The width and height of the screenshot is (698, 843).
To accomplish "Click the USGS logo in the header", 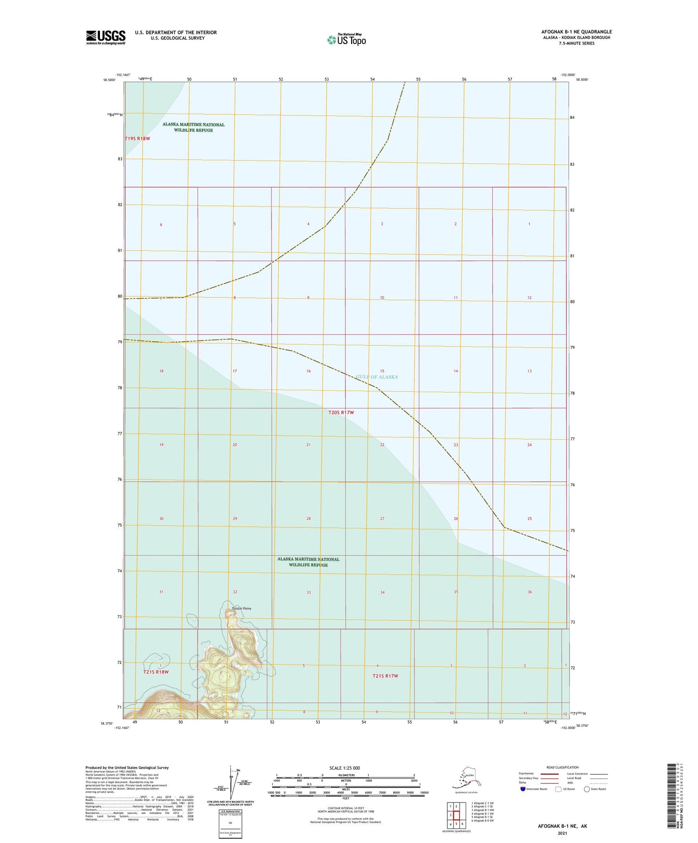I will click(x=105, y=37).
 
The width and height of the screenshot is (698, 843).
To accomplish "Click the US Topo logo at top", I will click(x=346, y=39).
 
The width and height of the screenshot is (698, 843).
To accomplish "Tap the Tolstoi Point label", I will click(x=241, y=608).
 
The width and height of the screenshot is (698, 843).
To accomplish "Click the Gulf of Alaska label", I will click(x=377, y=377).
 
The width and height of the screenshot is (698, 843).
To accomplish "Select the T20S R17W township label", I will click(x=341, y=413).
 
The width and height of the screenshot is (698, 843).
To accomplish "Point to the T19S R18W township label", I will click(x=138, y=139).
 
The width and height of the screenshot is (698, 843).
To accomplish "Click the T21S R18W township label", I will click(x=156, y=672).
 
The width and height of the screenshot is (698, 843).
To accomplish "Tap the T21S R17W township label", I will click(x=385, y=676).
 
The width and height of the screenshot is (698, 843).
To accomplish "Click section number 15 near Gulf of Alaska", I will click(x=382, y=371).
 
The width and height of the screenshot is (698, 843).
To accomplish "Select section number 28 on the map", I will click(x=308, y=519).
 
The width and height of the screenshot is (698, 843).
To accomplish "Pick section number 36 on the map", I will click(x=529, y=592).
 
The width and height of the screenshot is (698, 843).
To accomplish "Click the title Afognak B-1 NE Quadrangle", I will click(x=576, y=32).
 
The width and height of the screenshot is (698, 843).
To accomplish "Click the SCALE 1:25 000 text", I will click(x=345, y=768).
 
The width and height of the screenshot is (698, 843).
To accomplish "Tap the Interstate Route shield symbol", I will click(x=523, y=788).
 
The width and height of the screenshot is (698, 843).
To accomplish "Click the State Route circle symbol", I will click(x=587, y=789).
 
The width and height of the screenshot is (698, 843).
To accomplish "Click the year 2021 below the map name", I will click(x=562, y=833).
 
